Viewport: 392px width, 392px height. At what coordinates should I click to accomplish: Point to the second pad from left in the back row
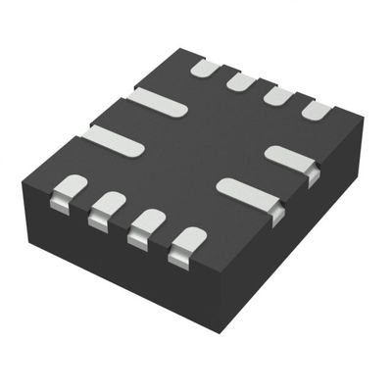[241, 81]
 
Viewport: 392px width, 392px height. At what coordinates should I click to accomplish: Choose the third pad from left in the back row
[278, 95]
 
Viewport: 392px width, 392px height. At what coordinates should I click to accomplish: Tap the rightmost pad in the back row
[317, 110]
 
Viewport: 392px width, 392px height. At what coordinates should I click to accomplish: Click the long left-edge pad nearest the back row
[158, 101]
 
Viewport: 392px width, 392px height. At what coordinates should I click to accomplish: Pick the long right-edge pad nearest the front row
[247, 191]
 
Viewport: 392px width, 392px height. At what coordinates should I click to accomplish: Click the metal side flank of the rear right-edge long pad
[314, 177]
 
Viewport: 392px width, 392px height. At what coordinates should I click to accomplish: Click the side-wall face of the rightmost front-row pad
[178, 258]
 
